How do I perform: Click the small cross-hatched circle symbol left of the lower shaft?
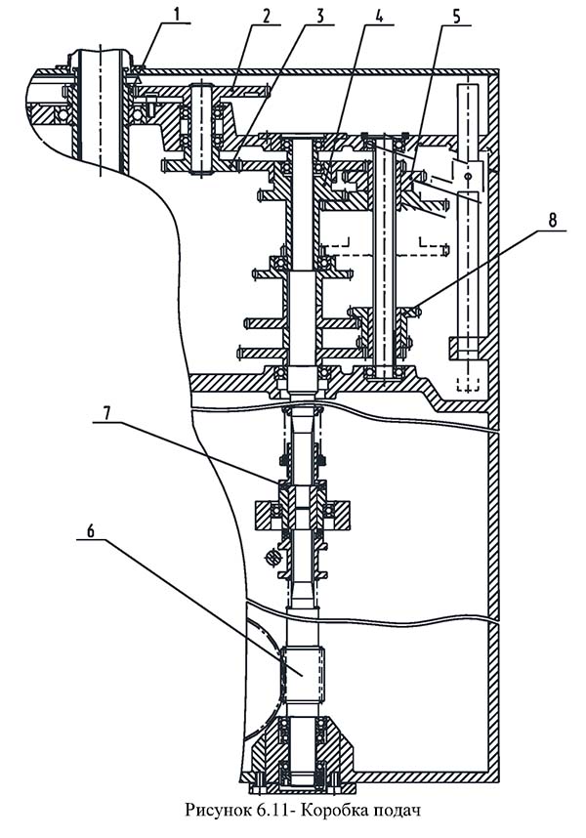coord(275,556)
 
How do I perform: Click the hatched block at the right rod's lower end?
coord(466,348)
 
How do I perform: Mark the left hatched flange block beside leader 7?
coord(268,511)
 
